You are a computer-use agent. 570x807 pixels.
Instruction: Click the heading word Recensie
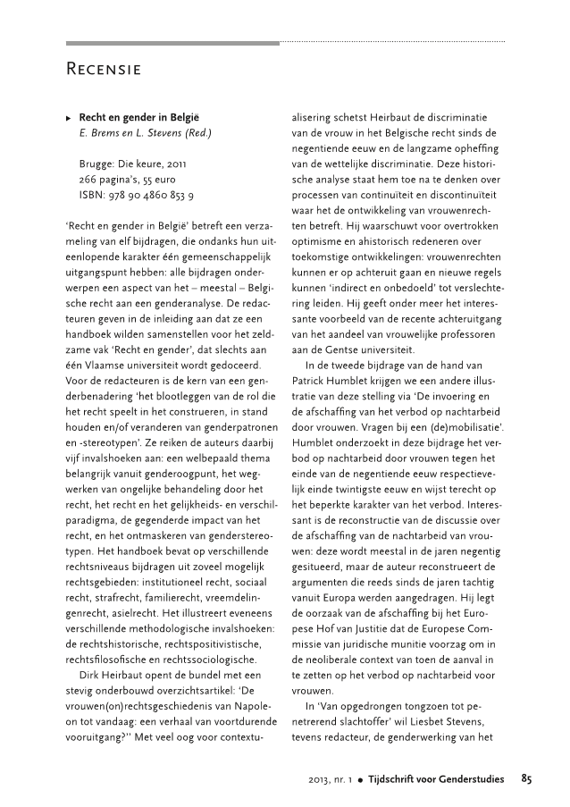point(106,68)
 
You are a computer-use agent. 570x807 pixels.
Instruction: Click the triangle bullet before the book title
point(70,117)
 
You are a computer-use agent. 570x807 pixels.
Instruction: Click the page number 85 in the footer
point(526,780)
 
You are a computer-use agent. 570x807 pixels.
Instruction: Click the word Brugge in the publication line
point(97,164)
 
